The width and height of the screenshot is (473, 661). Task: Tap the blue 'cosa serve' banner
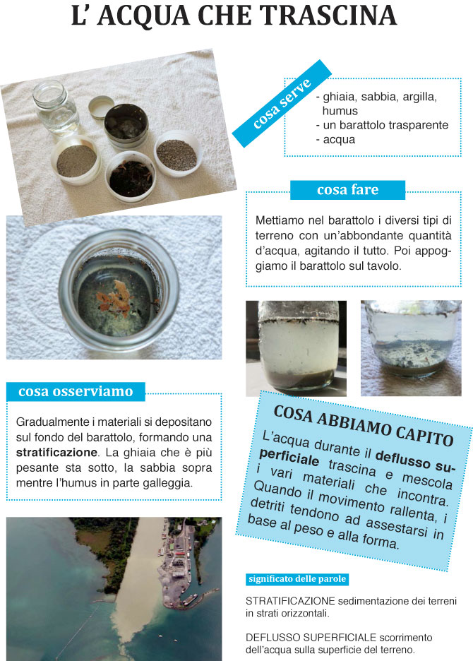282,103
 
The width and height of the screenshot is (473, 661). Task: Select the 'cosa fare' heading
347,189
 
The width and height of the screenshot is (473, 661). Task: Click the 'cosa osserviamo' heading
76,391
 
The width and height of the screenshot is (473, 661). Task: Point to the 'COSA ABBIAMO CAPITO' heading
363,425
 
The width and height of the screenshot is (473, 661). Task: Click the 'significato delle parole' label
297,579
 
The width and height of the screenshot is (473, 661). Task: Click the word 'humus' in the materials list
340,111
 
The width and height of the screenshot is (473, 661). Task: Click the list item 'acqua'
340,139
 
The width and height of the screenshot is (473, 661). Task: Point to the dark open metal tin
126,128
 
